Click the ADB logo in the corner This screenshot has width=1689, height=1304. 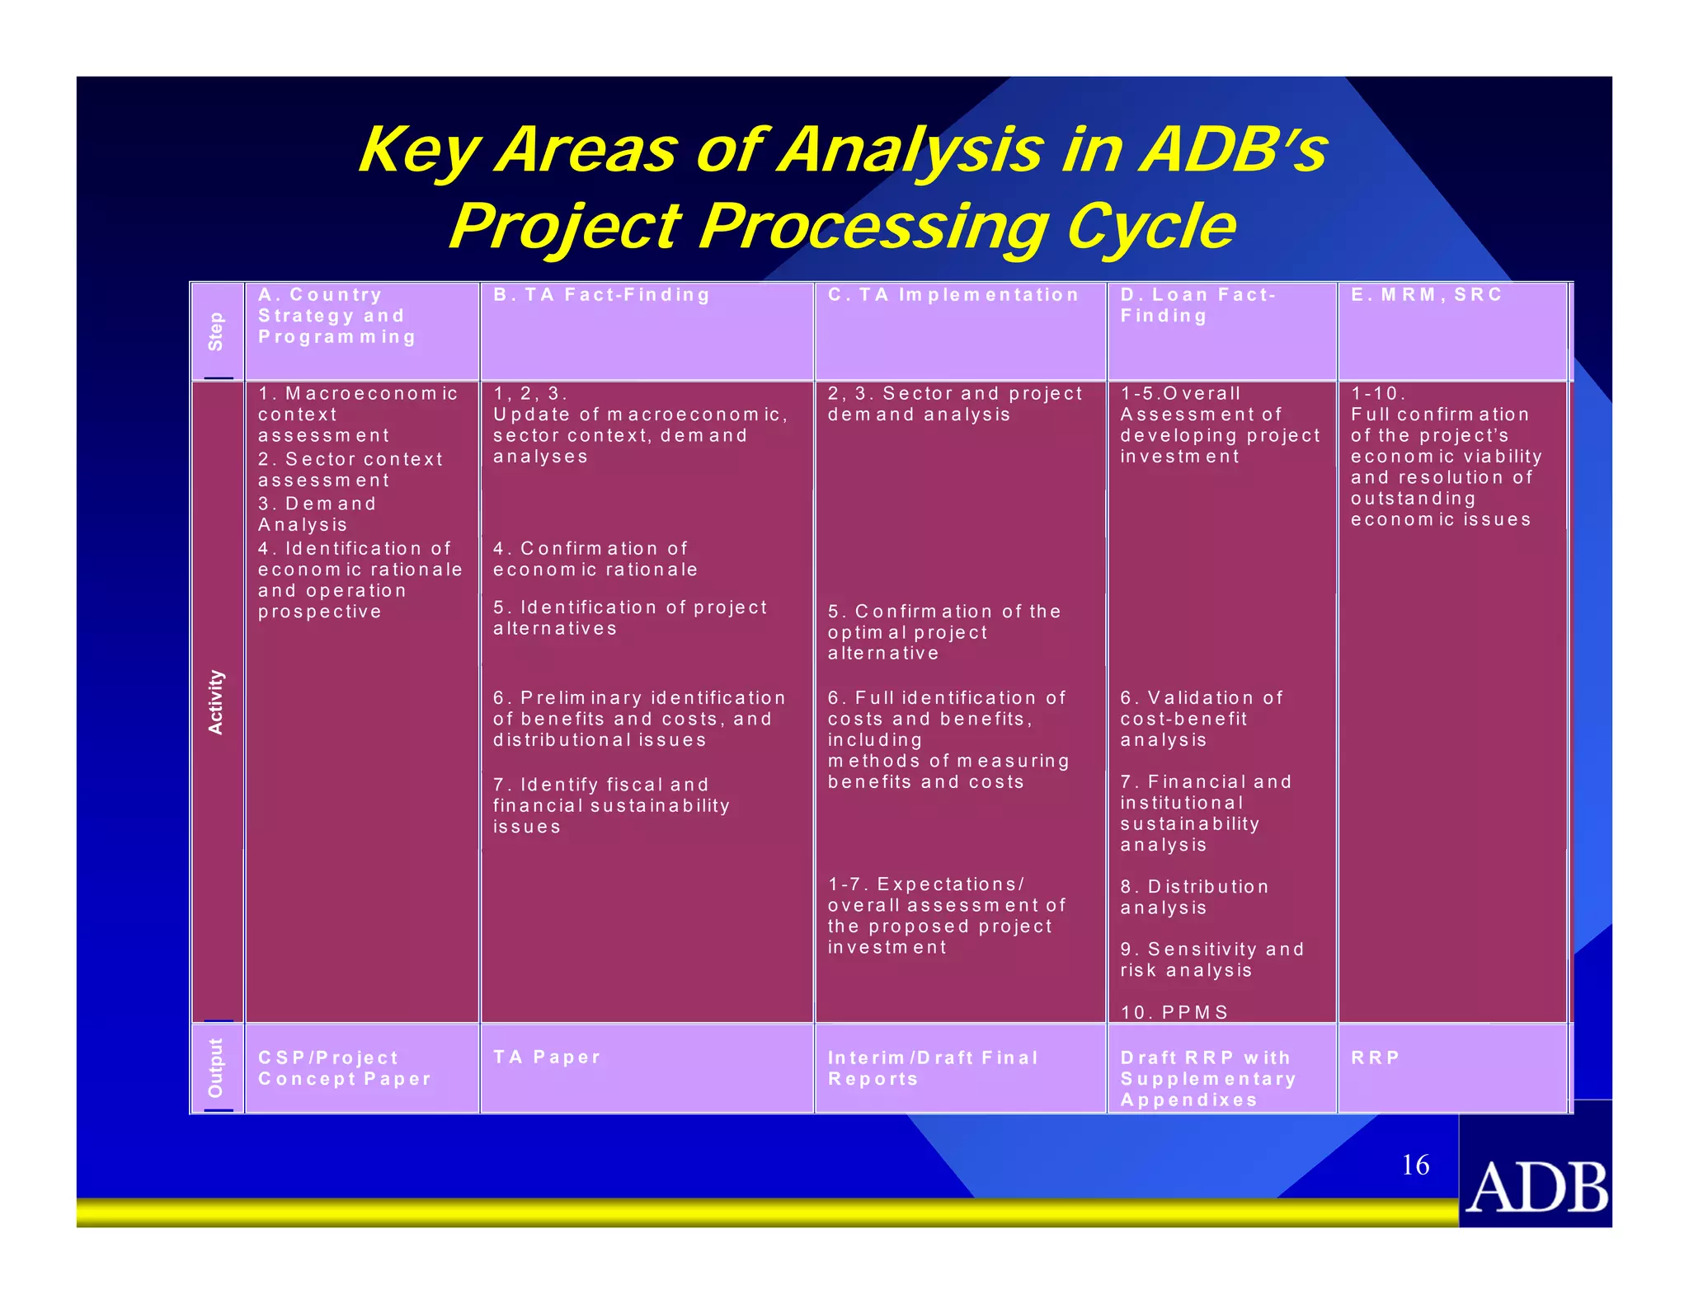click(1536, 1186)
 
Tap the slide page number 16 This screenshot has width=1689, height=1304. click(1415, 1165)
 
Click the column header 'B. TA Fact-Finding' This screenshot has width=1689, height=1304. click(601, 295)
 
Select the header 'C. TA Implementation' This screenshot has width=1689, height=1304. click(953, 295)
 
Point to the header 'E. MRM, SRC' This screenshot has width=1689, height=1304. click(1426, 295)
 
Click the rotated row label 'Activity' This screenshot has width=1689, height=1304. click(216, 701)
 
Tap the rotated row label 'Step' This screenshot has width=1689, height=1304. click(216, 331)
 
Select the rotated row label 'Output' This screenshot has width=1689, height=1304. click(216, 1067)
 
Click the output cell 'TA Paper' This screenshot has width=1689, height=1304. click(547, 1057)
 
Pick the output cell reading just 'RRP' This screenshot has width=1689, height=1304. click(1375, 1058)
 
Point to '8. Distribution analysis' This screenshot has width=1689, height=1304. click(1193, 897)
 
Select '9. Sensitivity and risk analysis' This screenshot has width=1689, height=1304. click(1211, 959)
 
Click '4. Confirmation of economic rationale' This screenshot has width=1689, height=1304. click(595, 559)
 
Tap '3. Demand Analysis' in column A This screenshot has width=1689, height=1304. click(317, 514)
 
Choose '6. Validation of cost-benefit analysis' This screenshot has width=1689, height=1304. click(1201, 719)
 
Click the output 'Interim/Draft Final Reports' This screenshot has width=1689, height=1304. click(932, 1068)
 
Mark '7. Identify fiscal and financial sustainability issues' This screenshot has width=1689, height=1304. click(610, 805)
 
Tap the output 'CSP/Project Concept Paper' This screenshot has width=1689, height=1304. click(344, 1068)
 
